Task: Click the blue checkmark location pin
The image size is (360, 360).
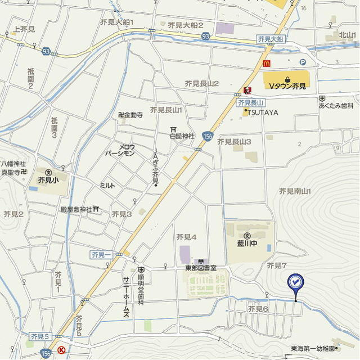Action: pyautogui.click(x=295, y=282)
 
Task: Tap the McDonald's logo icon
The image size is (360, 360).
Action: pyautogui.click(x=268, y=63)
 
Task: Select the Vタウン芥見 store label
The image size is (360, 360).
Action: pyautogui.click(x=287, y=86)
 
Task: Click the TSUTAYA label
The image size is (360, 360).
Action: pyautogui.click(x=263, y=112)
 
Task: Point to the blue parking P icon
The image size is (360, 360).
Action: pyautogui.click(x=303, y=63)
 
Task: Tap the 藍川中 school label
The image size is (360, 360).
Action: pyautogui.click(x=247, y=244)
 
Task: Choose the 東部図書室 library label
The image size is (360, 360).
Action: pyautogui.click(x=201, y=268)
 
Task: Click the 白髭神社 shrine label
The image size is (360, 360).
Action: pyautogui.click(x=182, y=136)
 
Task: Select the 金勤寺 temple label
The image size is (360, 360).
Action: pyautogui.click(x=133, y=115)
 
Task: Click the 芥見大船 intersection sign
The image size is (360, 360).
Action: pyautogui.click(x=271, y=39)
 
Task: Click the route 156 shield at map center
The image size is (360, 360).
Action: pyautogui.click(x=208, y=136)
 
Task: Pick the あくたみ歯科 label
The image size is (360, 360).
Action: pyautogui.click(x=336, y=105)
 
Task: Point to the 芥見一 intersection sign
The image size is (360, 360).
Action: pyautogui.click(x=101, y=255)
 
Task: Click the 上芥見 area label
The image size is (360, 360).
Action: pyautogui.click(x=24, y=29)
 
